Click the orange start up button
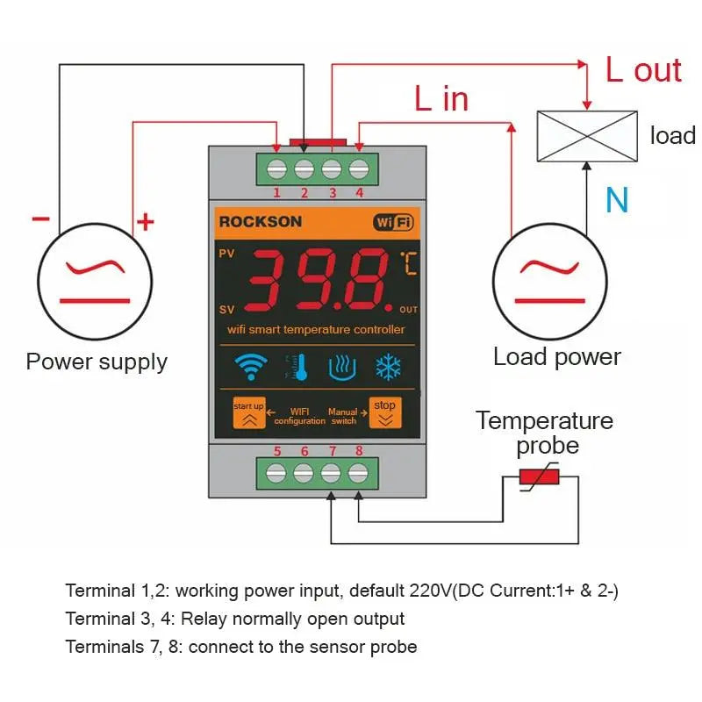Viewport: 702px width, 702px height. click(248, 412)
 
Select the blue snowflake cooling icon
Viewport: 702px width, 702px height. click(388, 367)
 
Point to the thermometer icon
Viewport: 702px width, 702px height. click(298, 367)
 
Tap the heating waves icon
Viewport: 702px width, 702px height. click(342, 367)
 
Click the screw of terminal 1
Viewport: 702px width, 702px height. click(277, 168)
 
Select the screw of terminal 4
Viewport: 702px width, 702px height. click(358, 168)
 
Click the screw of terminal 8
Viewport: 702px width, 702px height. click(357, 473)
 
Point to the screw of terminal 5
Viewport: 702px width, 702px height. click(276, 473)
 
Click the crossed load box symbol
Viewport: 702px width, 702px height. click(586, 136)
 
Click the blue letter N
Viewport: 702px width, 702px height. click(617, 201)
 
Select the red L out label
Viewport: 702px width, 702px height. click(643, 70)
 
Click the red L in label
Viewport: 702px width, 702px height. click(441, 99)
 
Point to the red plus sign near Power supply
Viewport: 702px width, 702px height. click(145, 222)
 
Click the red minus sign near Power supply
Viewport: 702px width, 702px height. click(40, 218)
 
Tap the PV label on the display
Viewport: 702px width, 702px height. click(226, 254)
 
